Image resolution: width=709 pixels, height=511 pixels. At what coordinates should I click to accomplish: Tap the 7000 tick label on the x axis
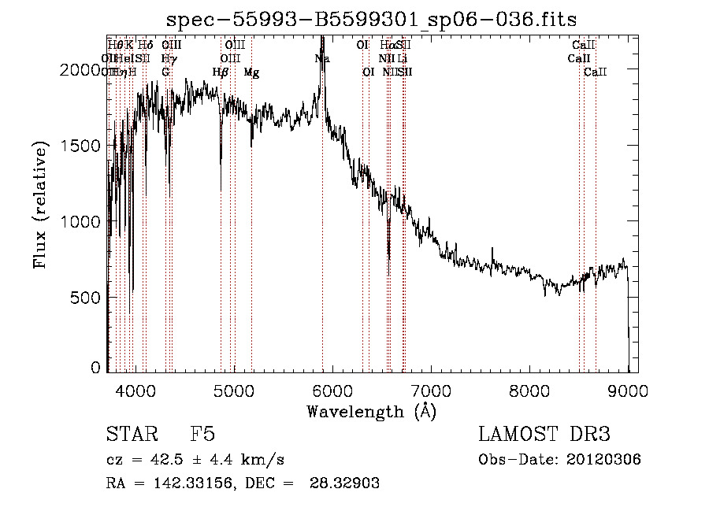432,390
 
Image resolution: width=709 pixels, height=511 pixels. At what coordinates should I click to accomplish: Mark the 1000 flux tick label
81,222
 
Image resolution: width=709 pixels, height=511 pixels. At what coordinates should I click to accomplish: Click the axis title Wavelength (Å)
371,411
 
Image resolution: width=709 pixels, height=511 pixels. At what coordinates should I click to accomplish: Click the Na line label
321,59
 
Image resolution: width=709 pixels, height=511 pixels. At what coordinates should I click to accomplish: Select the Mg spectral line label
251,72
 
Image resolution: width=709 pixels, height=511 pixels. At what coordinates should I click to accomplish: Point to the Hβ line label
221,72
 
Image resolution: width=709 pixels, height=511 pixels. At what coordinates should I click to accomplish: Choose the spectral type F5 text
202,435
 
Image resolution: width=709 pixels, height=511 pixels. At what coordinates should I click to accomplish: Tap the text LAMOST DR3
544,435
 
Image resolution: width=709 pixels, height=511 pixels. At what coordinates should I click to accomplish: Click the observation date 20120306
603,460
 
